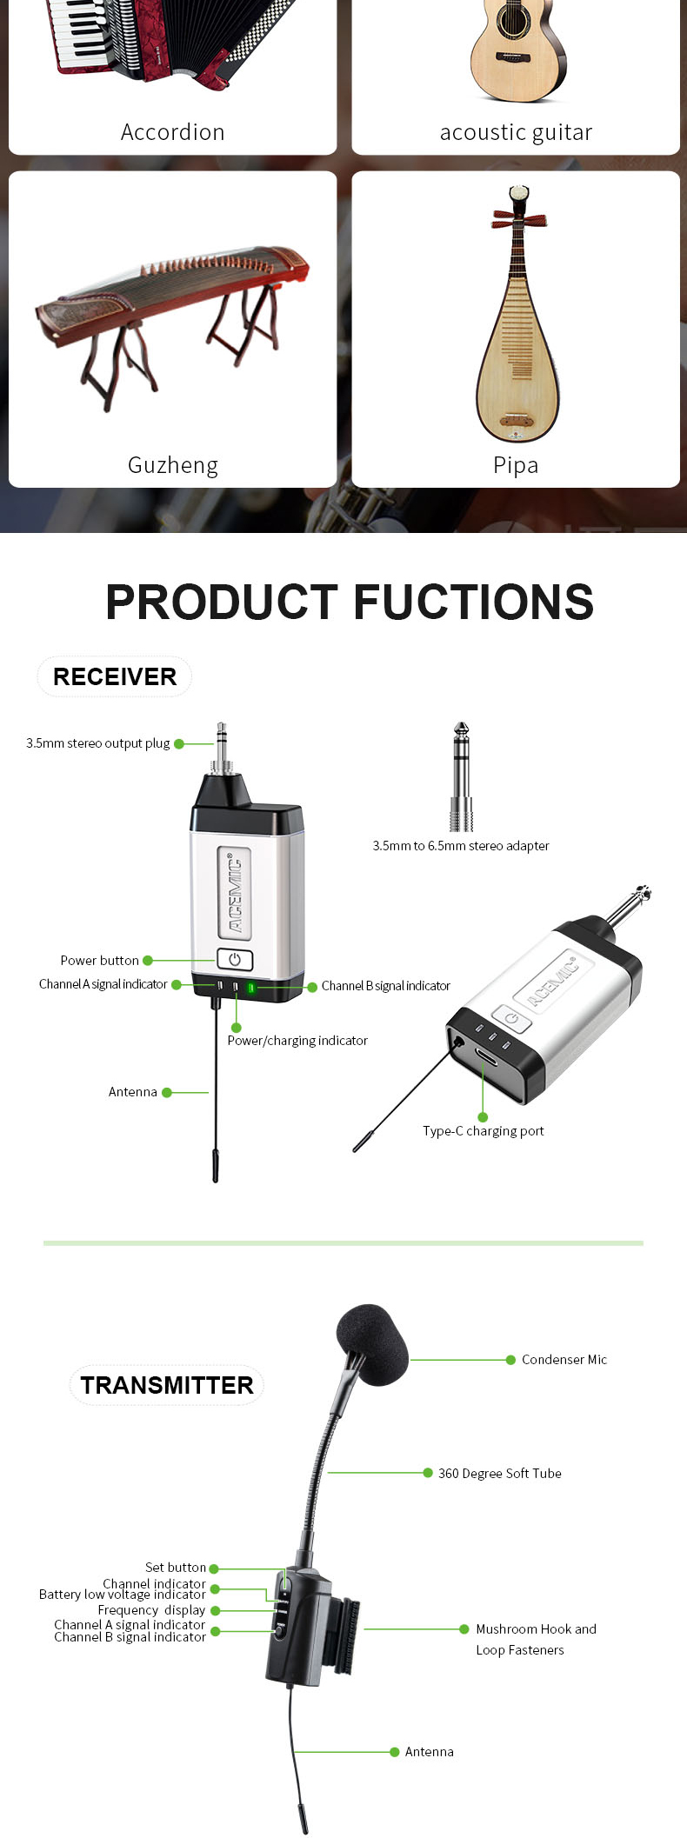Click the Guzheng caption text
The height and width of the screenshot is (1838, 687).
click(173, 466)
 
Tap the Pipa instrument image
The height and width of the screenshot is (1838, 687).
click(517, 312)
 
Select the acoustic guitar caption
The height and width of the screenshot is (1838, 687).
click(516, 132)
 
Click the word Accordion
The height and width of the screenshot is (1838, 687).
click(172, 132)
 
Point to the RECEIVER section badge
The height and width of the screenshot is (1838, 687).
click(115, 676)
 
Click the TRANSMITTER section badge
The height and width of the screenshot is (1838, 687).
click(167, 1385)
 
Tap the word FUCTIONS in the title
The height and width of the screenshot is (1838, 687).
click(474, 602)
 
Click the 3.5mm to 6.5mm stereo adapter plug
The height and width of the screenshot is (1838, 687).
click(462, 776)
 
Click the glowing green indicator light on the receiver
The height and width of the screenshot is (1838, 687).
click(250, 988)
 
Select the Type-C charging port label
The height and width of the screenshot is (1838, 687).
click(484, 1131)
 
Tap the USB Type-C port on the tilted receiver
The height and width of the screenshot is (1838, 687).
click(486, 1057)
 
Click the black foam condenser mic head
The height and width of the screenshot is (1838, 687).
click(372, 1343)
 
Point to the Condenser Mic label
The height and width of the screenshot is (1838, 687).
click(564, 1360)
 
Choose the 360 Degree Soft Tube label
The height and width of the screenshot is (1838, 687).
click(500, 1473)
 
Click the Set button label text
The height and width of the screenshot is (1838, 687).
click(176, 1567)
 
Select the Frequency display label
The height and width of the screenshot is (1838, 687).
click(151, 1609)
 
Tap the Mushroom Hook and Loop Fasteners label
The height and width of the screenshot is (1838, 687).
click(537, 1639)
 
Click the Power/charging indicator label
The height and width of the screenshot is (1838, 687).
click(297, 1041)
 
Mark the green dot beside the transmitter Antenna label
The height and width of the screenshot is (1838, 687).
click(394, 1752)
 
